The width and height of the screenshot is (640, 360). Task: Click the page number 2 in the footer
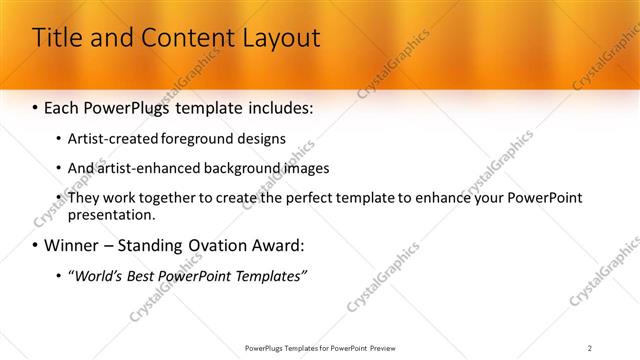click(590, 347)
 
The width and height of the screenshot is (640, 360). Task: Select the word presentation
click(110, 214)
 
